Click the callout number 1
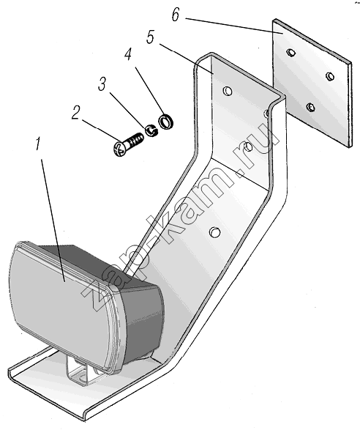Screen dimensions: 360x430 coord(39,144)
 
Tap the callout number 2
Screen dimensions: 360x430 coord(76,113)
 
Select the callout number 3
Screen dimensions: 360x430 coord(102,84)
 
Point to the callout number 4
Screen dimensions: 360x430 coord(128,53)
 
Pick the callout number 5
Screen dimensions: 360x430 coord(151,37)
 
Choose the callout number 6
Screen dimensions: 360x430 coord(176,15)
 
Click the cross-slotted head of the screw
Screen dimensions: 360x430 coord(119,149)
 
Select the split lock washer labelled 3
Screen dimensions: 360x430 coord(151,130)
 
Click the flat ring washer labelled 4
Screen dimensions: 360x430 coord(165,122)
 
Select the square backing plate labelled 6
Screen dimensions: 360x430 coord(312,84)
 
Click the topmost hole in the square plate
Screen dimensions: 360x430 coord(291,52)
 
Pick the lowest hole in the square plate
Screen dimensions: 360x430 coord(310,107)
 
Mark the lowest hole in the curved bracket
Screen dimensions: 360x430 coord(214,232)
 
